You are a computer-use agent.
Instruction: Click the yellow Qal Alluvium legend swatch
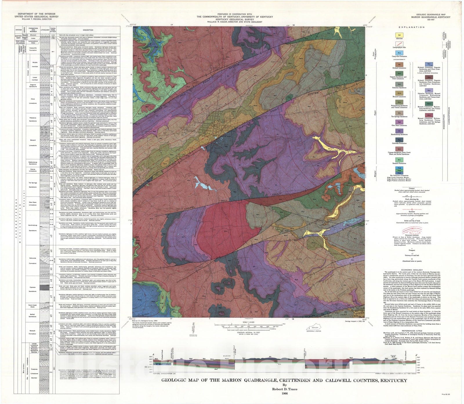point(400,35)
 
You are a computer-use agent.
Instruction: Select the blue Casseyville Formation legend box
point(400,53)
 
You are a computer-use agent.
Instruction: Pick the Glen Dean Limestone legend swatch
point(400,122)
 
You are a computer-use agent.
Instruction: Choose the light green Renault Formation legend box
point(400,160)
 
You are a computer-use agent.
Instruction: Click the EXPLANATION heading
point(412,27)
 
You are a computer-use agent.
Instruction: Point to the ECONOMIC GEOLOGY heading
point(412,270)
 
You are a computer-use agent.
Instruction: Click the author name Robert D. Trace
point(284,389)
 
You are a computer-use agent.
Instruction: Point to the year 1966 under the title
point(284,394)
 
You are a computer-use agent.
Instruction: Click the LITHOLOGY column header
point(45,30)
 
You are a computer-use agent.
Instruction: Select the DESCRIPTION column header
point(88,30)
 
